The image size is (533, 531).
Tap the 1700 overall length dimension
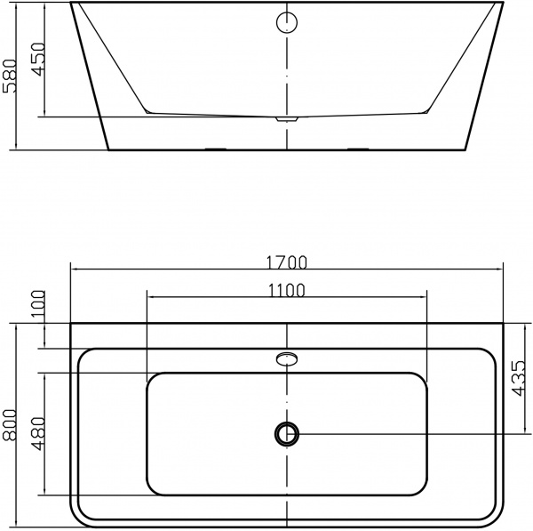point(286,261)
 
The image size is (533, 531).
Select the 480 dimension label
point(36,433)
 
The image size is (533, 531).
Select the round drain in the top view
point(286,433)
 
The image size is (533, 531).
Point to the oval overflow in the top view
point(286,359)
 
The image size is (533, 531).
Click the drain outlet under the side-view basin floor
point(285,118)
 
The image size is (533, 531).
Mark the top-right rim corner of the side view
point(500,4)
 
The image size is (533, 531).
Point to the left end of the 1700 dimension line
point(72,270)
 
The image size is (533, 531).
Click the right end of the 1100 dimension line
point(426,296)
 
